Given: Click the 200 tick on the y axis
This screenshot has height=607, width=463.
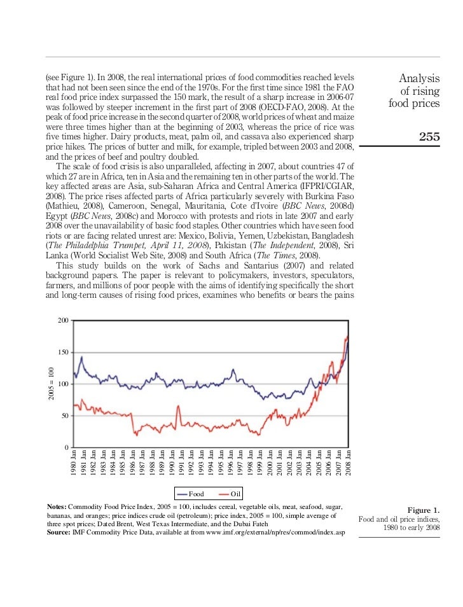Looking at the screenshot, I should click(62, 320).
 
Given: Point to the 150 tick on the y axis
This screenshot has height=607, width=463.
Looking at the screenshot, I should click(62, 352).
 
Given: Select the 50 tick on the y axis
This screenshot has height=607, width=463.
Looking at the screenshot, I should click(64, 416).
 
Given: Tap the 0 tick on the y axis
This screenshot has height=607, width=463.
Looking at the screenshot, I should click(66, 448).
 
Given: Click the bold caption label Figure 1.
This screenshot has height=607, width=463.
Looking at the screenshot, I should click(423, 510).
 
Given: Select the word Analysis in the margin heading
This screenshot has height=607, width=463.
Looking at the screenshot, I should click(419, 78).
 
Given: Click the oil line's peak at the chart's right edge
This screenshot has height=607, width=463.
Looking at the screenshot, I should click(347, 336).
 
